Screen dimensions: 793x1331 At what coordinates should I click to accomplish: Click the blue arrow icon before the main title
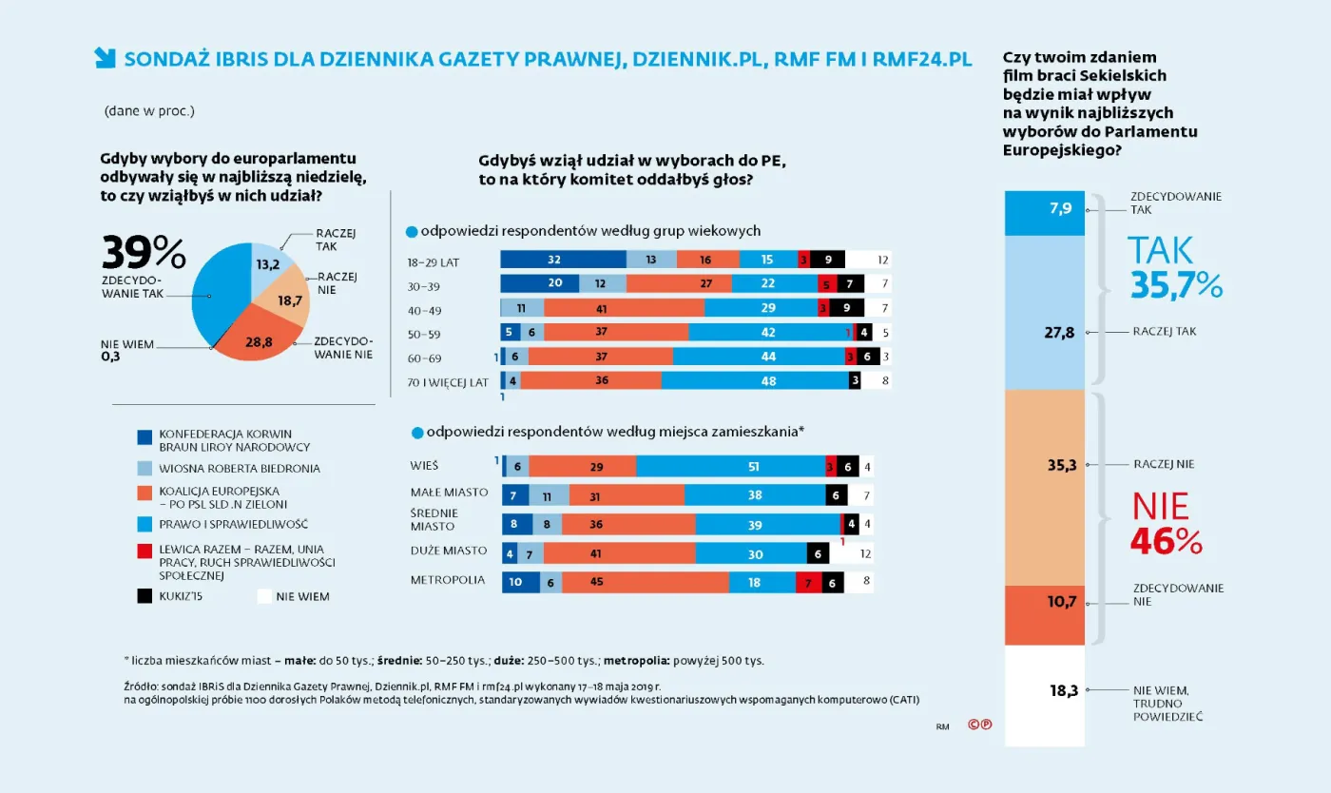click(x=105, y=58)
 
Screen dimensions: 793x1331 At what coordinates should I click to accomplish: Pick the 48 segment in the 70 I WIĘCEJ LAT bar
click(x=755, y=381)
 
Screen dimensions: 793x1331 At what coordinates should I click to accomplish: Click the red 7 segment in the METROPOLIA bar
click(x=807, y=582)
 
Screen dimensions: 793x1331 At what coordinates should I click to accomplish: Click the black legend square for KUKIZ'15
click(x=145, y=596)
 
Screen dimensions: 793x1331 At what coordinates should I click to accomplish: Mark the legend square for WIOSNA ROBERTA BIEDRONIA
click(x=145, y=468)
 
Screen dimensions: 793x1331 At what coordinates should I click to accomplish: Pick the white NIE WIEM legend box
click(x=264, y=596)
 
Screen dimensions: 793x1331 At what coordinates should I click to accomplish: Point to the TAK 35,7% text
click(x=1174, y=267)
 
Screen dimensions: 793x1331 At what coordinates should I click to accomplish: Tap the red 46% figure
click(x=1167, y=540)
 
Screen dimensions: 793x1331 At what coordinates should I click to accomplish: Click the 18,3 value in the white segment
click(x=1063, y=691)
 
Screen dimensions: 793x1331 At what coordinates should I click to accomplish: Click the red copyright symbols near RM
click(x=980, y=724)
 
